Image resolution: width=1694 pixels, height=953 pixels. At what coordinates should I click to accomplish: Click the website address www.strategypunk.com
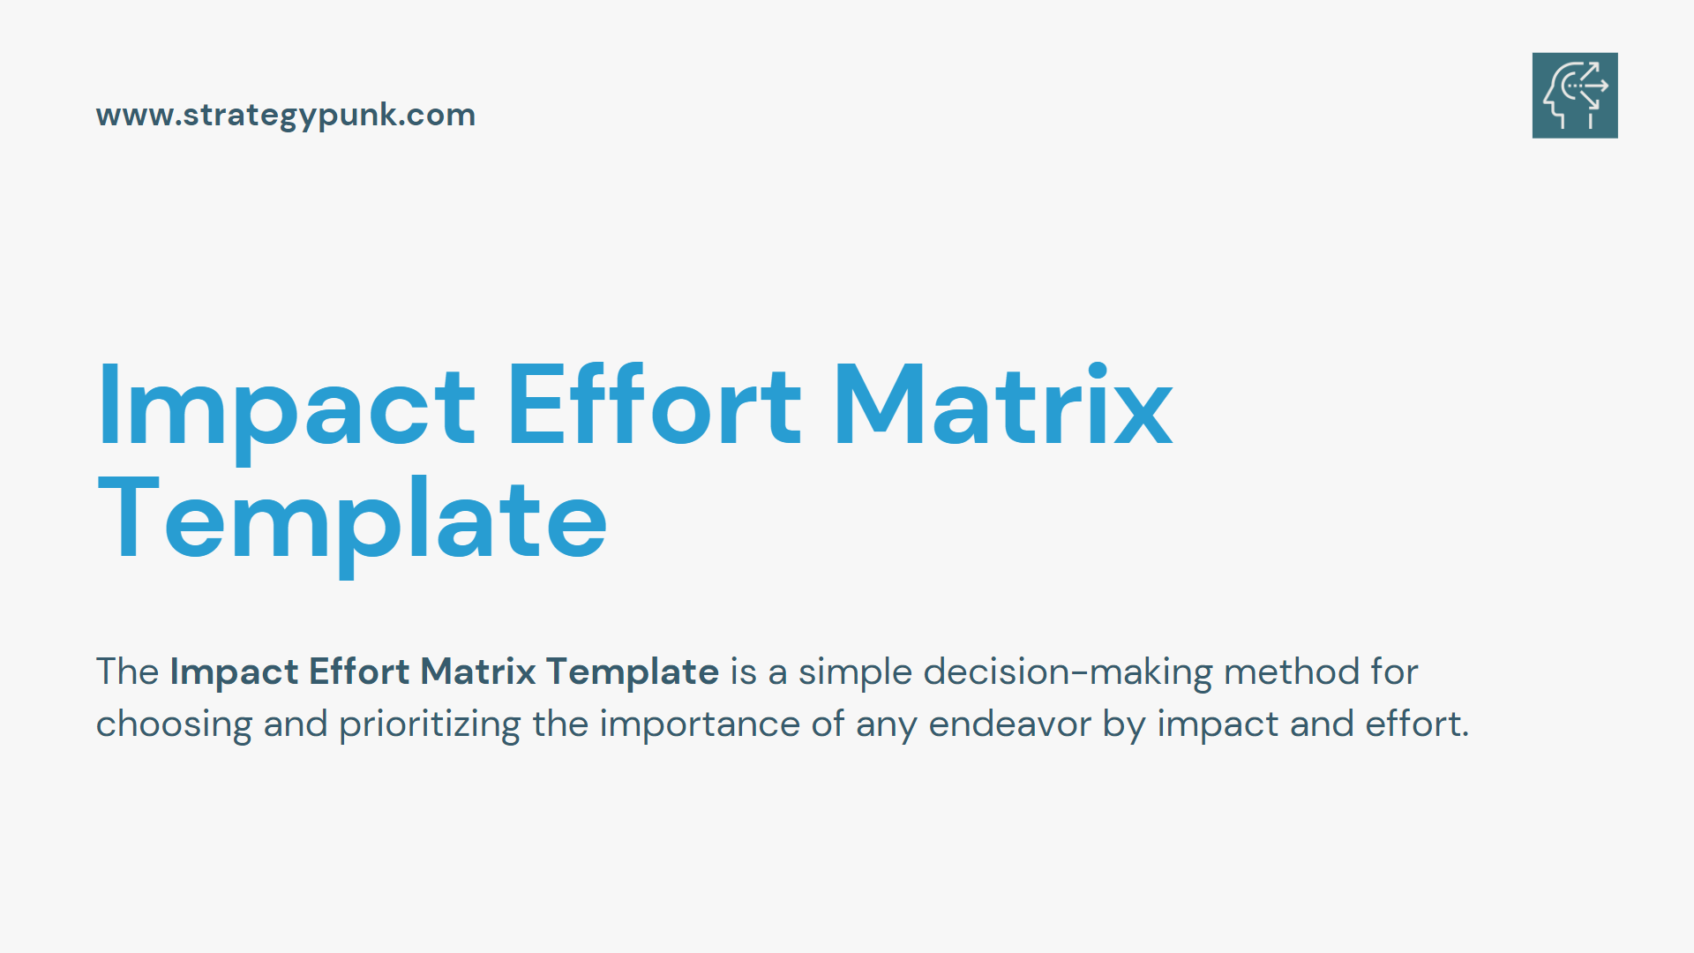click(x=286, y=116)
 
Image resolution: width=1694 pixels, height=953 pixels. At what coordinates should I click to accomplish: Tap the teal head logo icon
click(x=1575, y=95)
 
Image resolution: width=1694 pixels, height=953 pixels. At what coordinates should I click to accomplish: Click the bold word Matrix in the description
click(x=478, y=672)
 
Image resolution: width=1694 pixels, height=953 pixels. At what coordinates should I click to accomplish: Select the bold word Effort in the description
click(x=359, y=672)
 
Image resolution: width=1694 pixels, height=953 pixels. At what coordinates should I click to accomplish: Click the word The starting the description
click(x=127, y=672)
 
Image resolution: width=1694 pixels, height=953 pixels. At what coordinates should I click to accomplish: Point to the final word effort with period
click(x=1417, y=724)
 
